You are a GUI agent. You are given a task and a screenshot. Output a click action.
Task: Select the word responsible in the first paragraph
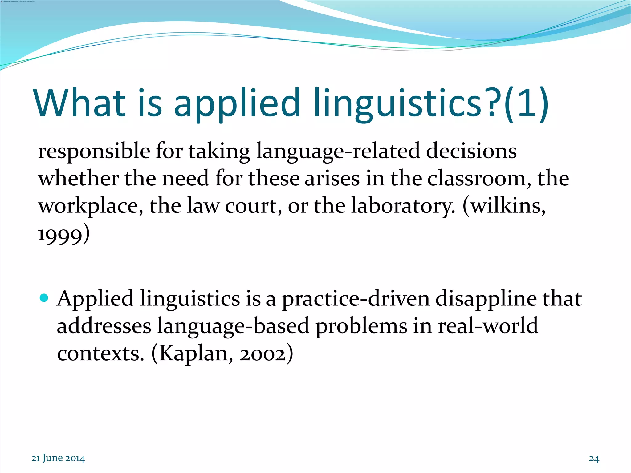(x=94, y=152)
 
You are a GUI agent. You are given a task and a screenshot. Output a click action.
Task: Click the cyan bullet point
(x=44, y=298)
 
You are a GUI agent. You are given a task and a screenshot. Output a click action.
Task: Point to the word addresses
(x=104, y=326)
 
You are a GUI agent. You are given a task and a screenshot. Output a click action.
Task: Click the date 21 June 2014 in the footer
(x=58, y=458)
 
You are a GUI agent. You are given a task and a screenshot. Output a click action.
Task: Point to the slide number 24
(x=594, y=459)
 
